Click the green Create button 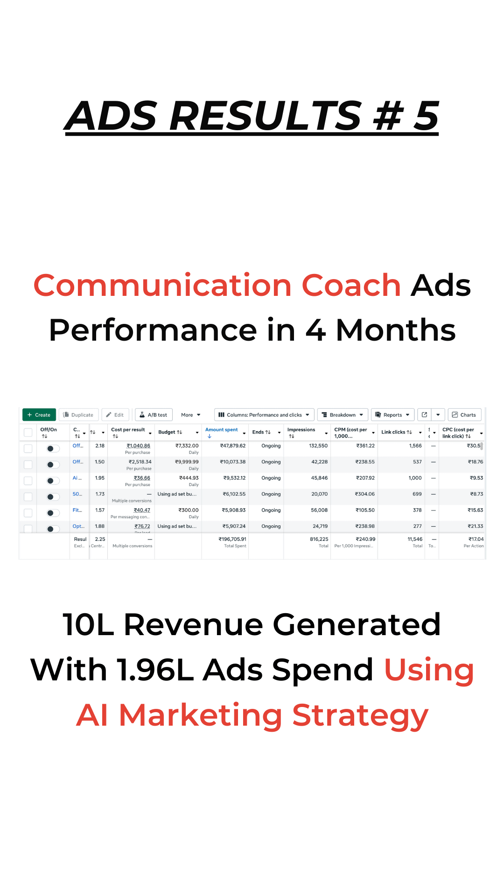coord(39,415)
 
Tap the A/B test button coord(154,415)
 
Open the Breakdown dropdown coord(343,415)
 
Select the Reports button coord(392,415)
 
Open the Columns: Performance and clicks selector coord(264,415)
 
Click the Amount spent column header coord(222,430)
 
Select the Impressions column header coord(301,430)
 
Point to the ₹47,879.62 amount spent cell coord(232,446)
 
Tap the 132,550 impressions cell coord(318,446)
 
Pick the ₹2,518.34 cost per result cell coord(140,462)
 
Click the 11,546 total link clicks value coord(415,539)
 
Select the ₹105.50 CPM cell coord(365,511)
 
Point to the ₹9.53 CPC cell coord(476,478)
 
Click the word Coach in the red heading coord(351,285)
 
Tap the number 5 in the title coord(426,116)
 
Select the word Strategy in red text coord(360,716)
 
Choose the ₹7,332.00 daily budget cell coord(187,446)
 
